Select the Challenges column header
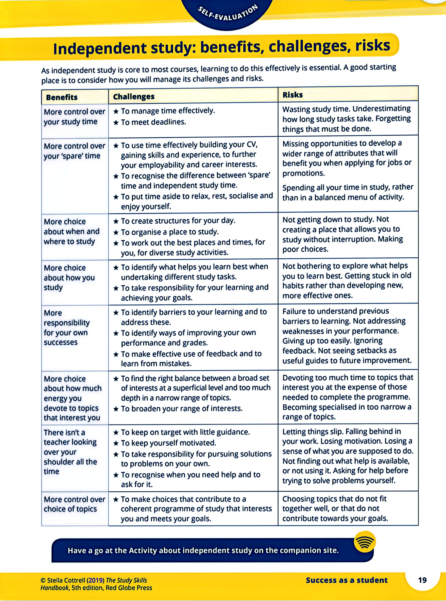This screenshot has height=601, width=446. pyautogui.click(x=134, y=96)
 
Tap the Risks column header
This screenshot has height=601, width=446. pyautogui.click(x=292, y=95)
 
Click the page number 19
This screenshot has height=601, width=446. pyautogui.click(x=422, y=580)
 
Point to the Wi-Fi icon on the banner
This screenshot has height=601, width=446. pyautogui.click(x=365, y=542)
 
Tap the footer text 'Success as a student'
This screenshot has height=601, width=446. pyautogui.click(x=346, y=580)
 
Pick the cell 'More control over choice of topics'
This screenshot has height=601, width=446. pyautogui.click(x=74, y=504)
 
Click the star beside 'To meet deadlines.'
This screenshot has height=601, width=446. pyautogui.click(x=116, y=123)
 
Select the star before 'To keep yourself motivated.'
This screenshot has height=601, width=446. pyautogui.click(x=116, y=443)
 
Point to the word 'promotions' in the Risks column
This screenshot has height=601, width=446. pyautogui.click(x=303, y=173)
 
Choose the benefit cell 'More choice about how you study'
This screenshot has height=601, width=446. pyautogui.click(x=69, y=277)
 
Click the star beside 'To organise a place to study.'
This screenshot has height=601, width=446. pyautogui.click(x=116, y=232)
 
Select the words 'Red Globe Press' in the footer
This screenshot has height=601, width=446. pyautogui.click(x=129, y=588)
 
